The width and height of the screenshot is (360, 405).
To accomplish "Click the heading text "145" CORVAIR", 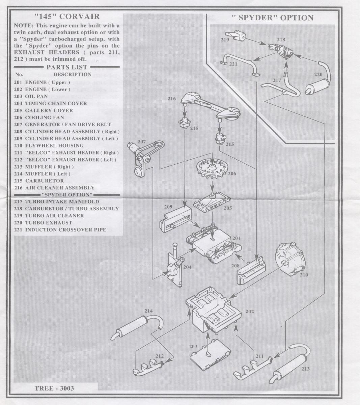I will pos(67,16).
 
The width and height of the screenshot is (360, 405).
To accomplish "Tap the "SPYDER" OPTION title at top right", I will pos(272,18).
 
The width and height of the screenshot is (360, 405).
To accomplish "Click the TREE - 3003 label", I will pos(54,388).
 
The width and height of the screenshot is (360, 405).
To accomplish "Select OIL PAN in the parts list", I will pos(36,96).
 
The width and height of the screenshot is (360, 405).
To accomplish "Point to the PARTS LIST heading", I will pos(67,67).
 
